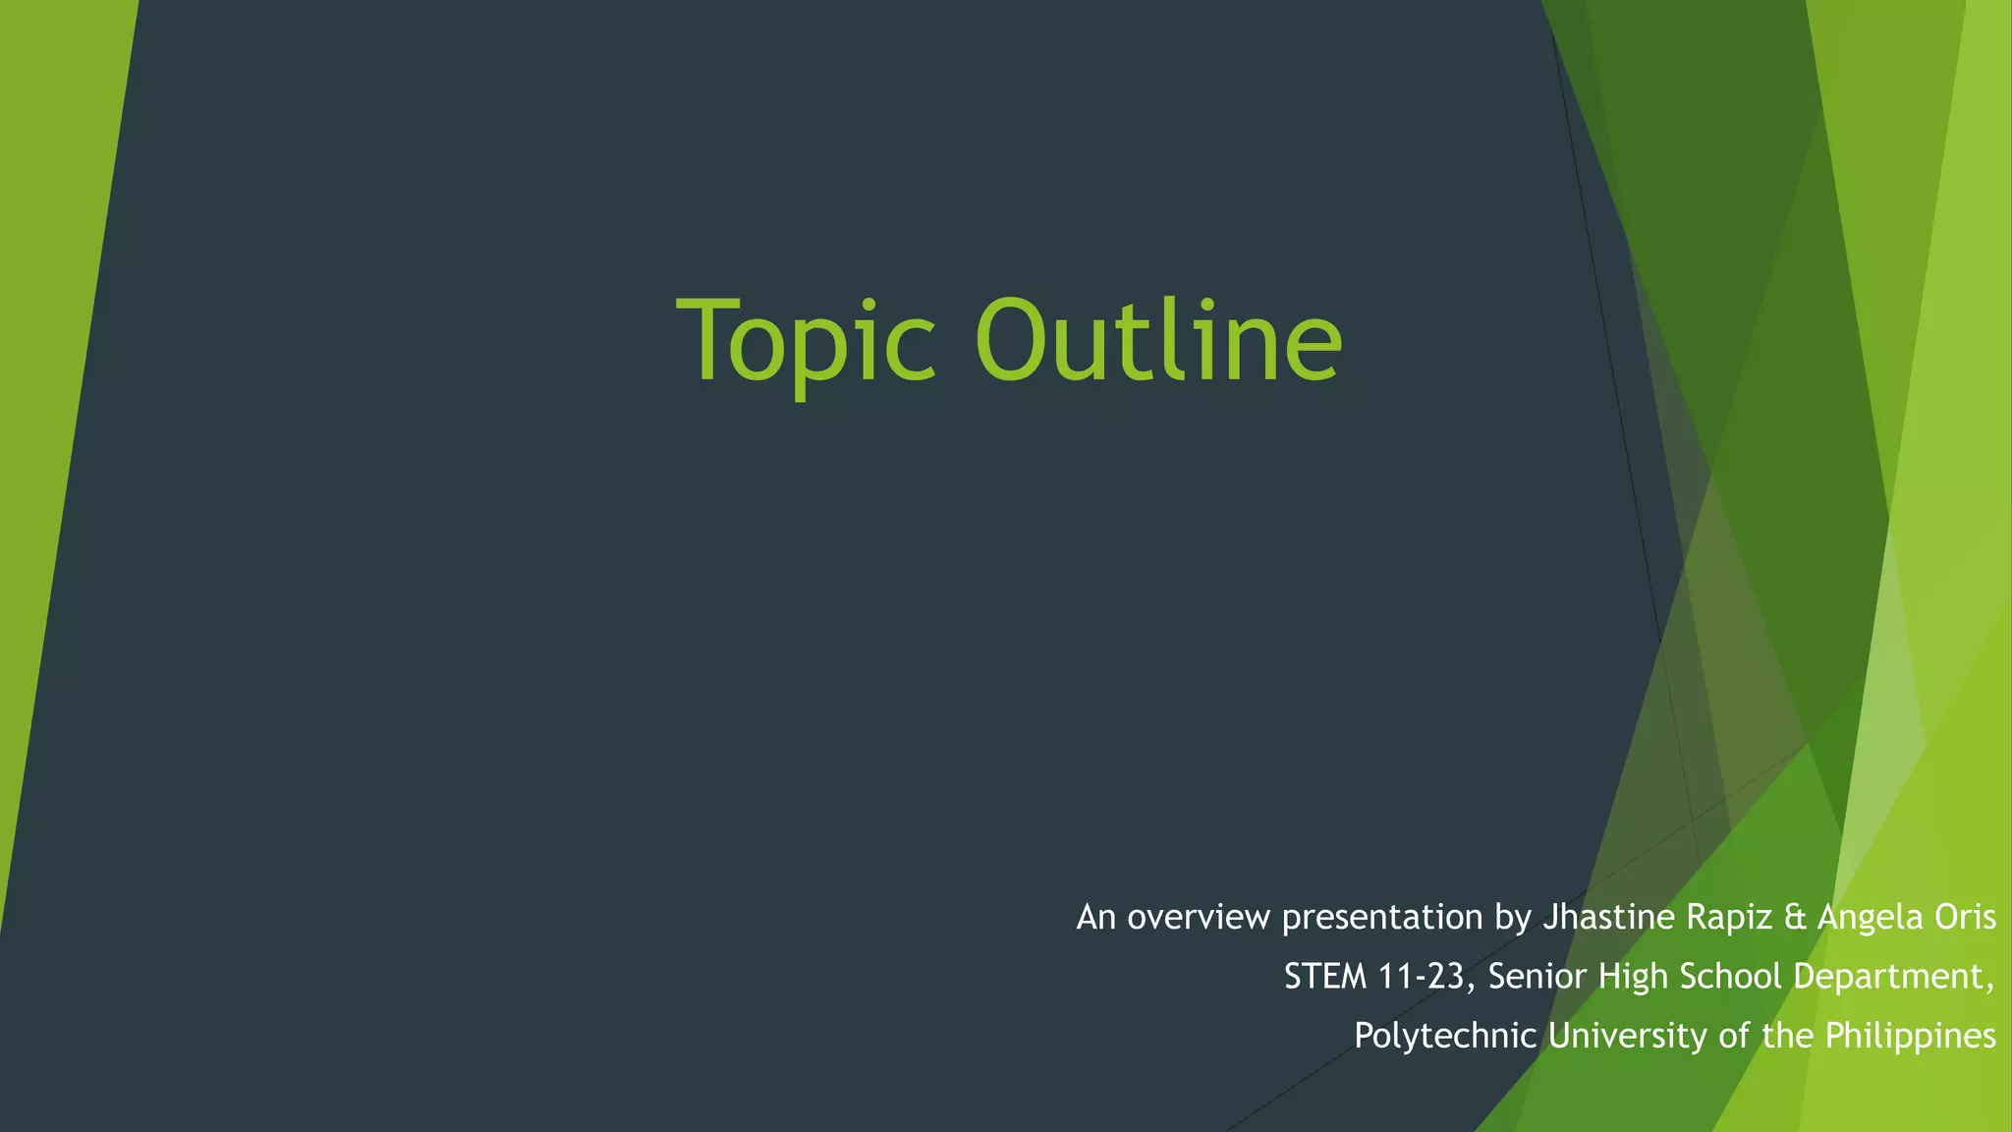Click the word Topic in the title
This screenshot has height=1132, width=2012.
click(x=806, y=342)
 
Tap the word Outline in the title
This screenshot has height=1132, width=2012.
click(x=1158, y=340)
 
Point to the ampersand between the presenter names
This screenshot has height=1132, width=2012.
click(x=1795, y=918)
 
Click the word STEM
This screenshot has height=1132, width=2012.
click(x=1325, y=977)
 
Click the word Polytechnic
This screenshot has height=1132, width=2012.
click(x=1445, y=1037)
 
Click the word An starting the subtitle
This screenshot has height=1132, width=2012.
click(x=1096, y=918)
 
